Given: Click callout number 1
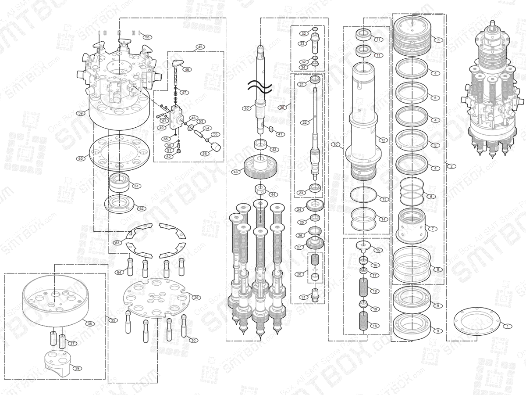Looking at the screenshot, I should (x=507, y=326).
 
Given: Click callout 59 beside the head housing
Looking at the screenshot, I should (x=80, y=113).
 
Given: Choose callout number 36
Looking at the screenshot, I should (x=89, y=323).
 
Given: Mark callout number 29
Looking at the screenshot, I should (x=196, y=298).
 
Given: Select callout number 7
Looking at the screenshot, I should (x=432, y=229).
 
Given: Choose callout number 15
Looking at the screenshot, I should (x=378, y=250).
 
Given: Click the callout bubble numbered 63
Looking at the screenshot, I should (x=117, y=243).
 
